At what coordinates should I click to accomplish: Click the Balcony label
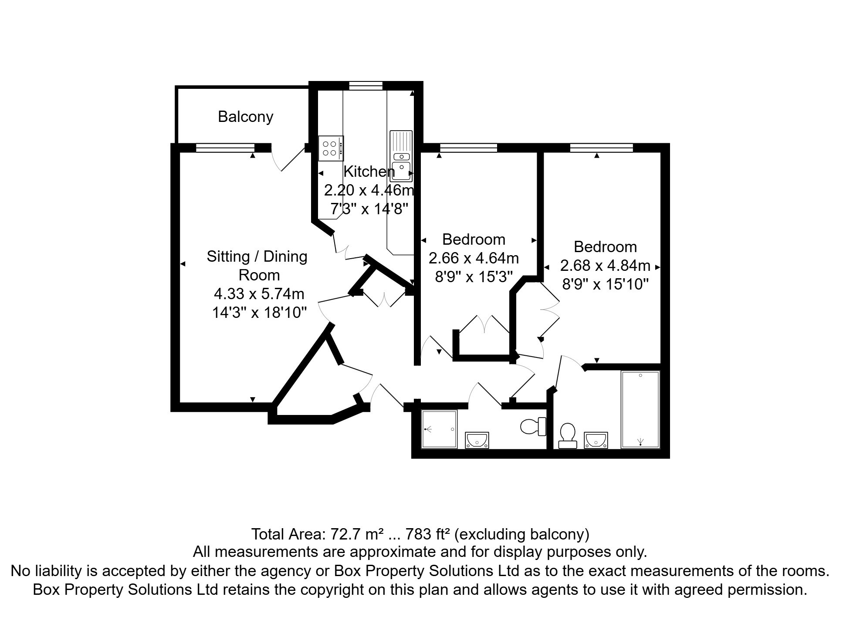[245, 117]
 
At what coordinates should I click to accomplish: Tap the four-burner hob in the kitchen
[330, 148]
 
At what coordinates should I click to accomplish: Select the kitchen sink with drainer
[401, 155]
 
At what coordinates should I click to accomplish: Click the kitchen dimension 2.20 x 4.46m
[369, 191]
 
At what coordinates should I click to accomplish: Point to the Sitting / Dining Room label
[257, 265]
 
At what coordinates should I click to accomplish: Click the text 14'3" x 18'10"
[259, 313]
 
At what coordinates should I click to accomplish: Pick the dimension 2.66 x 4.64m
[474, 258]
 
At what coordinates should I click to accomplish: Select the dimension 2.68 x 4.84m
[605, 266]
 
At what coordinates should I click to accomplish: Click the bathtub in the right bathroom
[640, 409]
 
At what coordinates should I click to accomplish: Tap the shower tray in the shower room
[439, 429]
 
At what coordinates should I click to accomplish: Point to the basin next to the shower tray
[477, 440]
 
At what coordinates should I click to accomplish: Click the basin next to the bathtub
[596, 440]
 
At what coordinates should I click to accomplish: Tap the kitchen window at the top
[366, 86]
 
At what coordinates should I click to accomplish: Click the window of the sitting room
[225, 148]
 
